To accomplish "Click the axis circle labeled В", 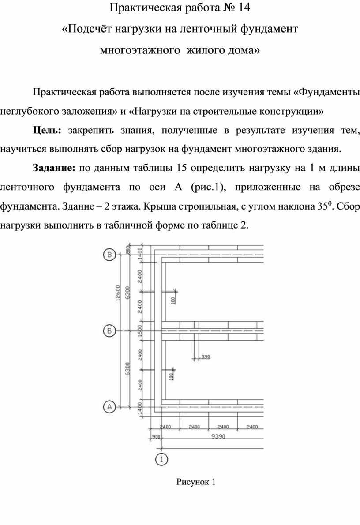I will (109, 255).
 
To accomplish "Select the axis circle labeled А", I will (109, 406).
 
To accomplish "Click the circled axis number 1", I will (162, 459).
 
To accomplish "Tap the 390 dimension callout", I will (206, 356).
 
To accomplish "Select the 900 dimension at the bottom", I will (155, 437).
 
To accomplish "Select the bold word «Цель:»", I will (48, 130).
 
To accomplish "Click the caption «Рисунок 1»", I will (195, 482).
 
